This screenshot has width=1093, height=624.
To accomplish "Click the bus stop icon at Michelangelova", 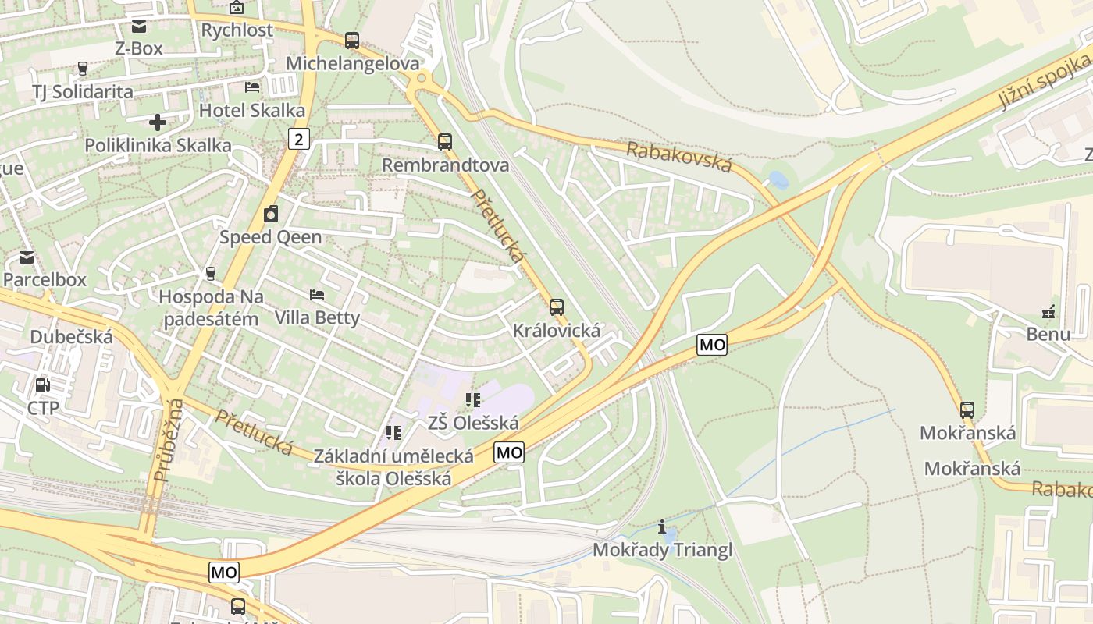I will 352,40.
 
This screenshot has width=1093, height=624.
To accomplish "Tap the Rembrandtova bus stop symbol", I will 445,142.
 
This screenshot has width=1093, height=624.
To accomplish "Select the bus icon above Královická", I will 557,307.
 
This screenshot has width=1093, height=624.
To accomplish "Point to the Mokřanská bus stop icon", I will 967,409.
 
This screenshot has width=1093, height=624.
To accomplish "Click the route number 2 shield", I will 299,140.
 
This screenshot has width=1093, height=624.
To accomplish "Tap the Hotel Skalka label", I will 252,110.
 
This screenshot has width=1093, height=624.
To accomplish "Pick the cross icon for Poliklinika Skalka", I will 158,122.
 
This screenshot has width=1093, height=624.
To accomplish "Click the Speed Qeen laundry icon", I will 271,214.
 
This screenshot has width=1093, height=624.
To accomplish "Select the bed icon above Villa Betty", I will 317,295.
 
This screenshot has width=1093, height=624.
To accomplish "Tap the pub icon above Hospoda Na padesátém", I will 210,274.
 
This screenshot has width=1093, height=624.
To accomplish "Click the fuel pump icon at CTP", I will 43,385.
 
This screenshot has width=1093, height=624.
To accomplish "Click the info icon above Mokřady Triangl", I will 663,527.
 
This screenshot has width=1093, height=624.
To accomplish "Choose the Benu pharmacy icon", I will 1048,312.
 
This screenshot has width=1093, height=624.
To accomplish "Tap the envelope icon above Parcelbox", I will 27,257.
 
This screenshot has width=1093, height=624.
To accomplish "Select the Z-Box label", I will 139,48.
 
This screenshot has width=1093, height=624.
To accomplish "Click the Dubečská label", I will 71,337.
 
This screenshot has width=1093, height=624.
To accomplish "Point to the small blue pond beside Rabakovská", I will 778,180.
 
